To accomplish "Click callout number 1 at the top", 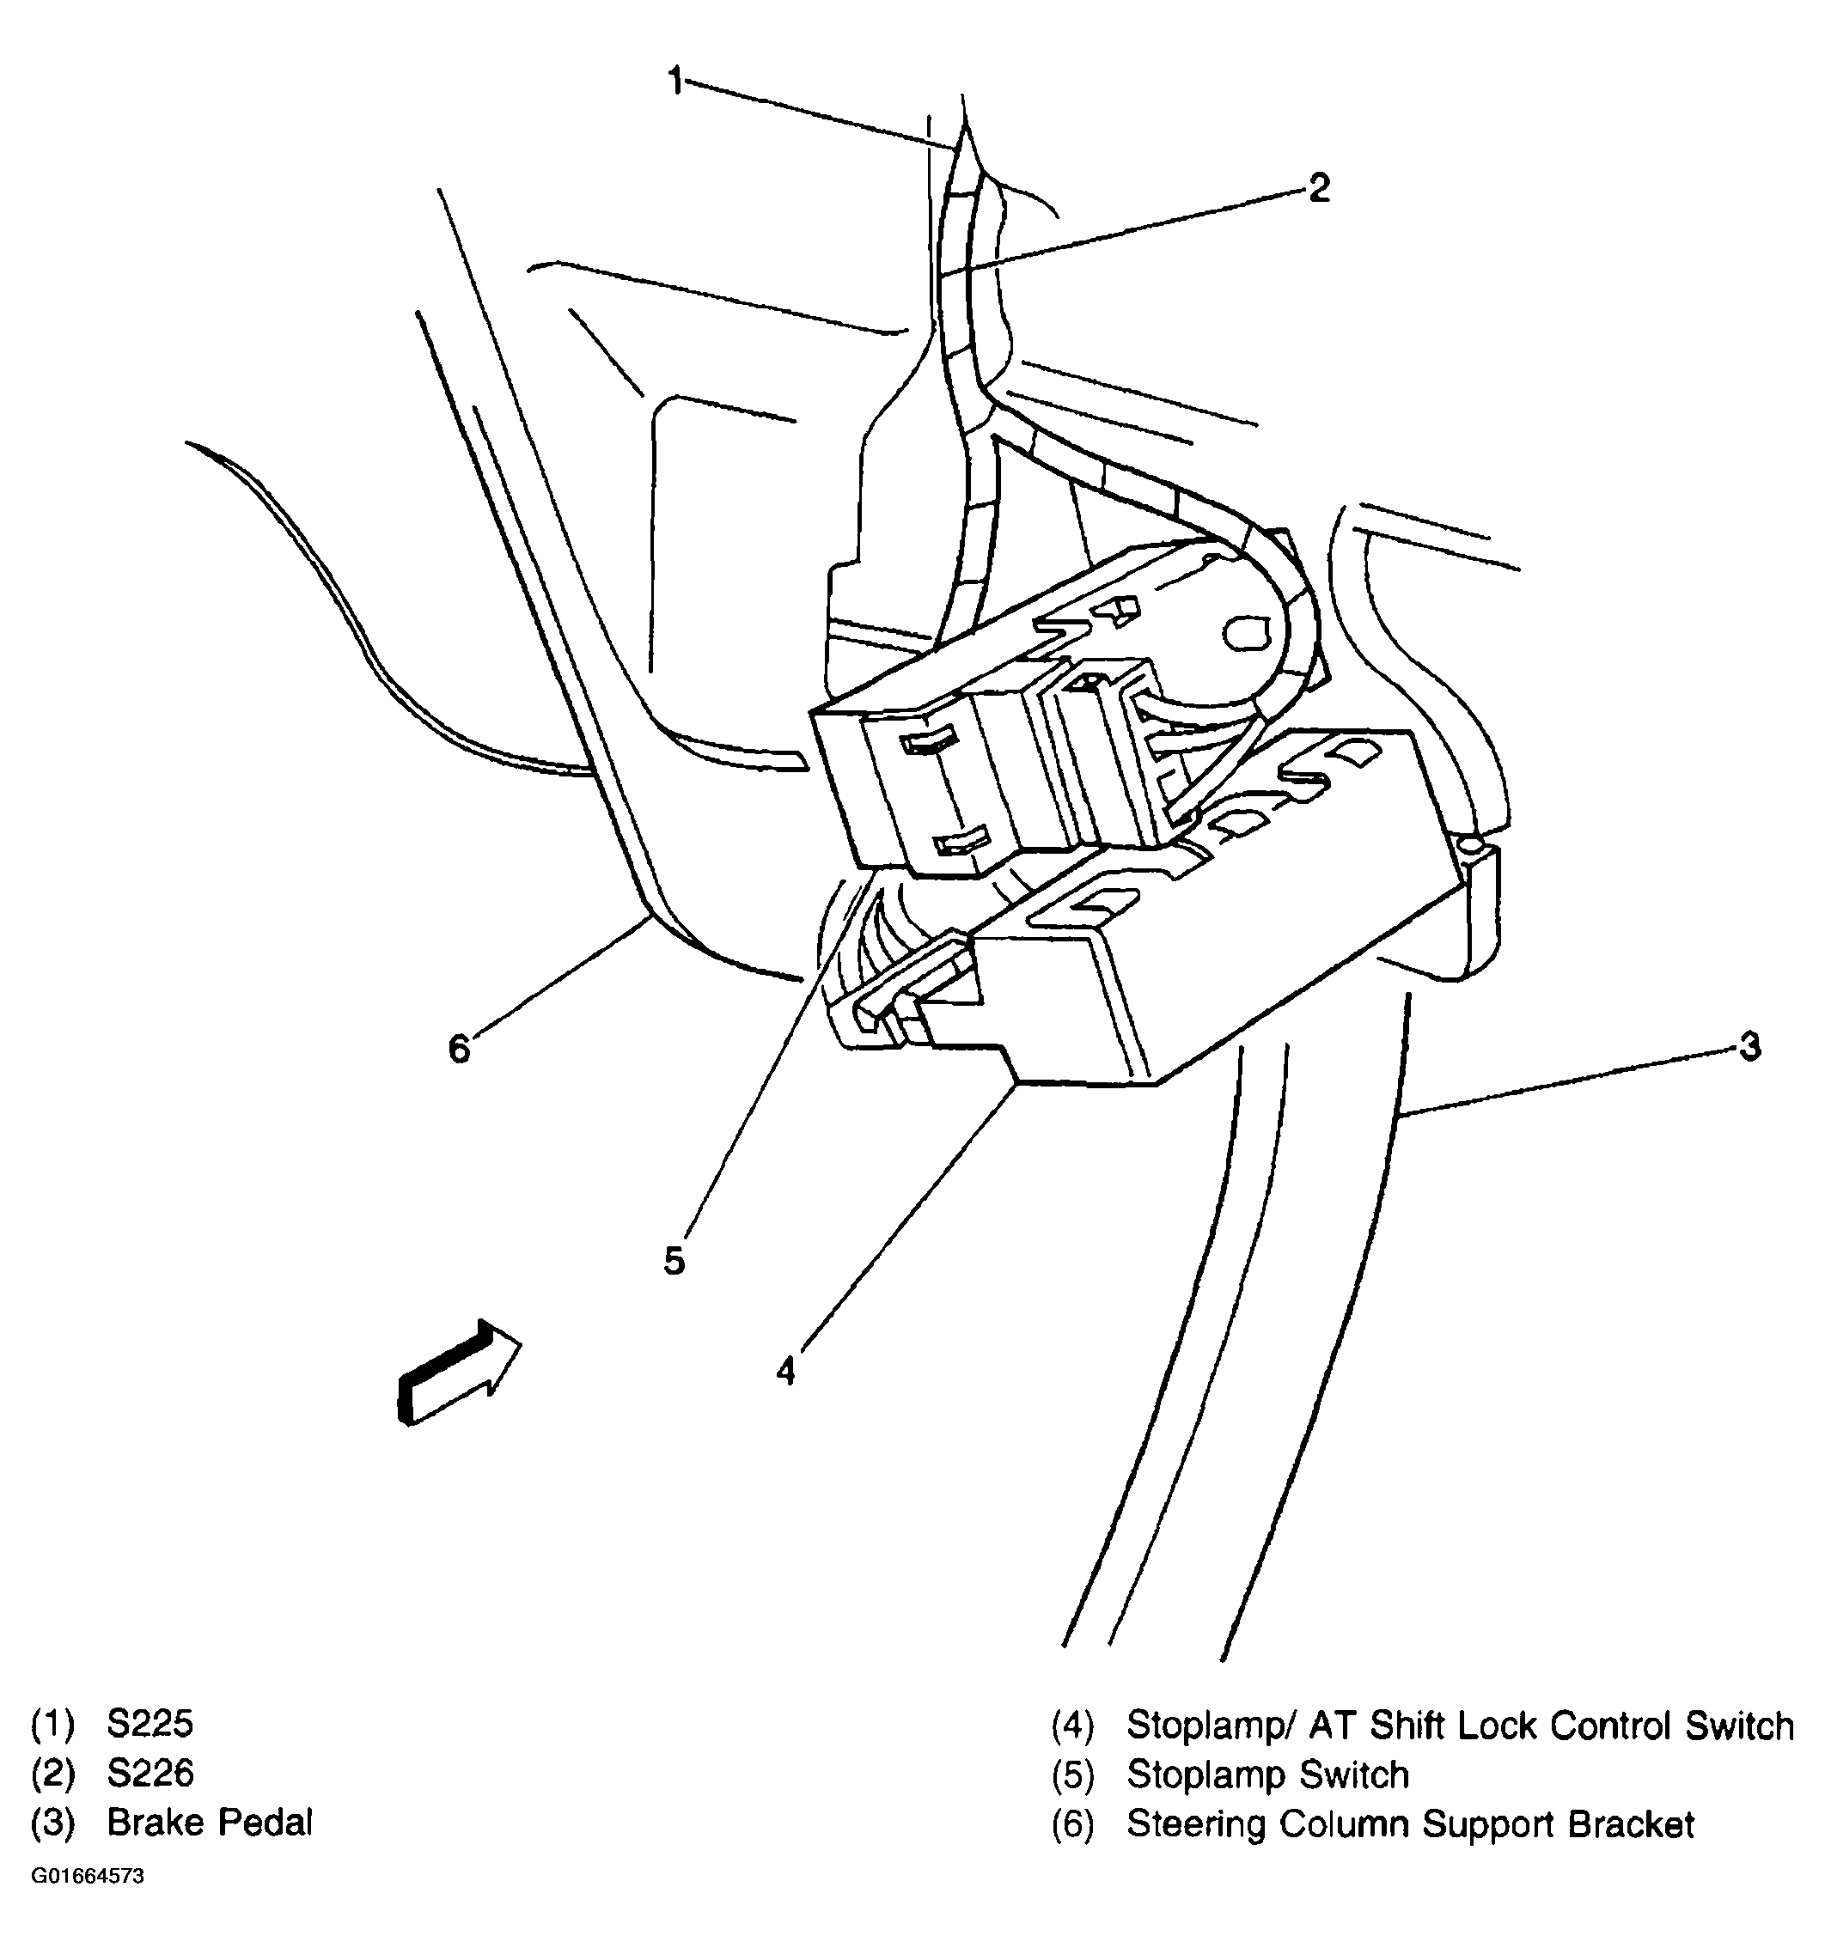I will [x=675, y=82].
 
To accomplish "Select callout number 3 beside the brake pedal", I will [x=1749, y=1046].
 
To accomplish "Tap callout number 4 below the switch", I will [x=785, y=1371].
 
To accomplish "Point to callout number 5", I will [x=674, y=1260].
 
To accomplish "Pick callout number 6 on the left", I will [x=459, y=1050].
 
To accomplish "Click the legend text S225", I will [x=150, y=1724].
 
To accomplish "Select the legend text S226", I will [x=150, y=1773].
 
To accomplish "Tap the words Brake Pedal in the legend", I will [x=210, y=1823].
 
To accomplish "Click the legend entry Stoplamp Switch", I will [x=1267, y=1775].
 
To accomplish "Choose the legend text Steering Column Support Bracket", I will [x=1409, y=1824].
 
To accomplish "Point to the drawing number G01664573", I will [x=88, y=1877].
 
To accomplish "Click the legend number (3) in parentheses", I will [x=53, y=1823].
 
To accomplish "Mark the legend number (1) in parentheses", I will [x=53, y=1725].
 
